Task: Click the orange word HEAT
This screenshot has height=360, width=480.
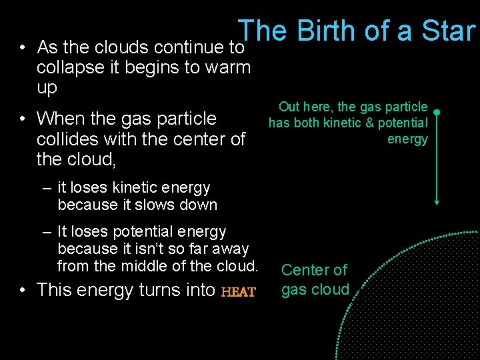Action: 238,291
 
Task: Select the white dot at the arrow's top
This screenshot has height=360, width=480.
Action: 436,111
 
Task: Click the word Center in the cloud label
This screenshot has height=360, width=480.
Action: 305,270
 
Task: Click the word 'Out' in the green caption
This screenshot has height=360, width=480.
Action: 289,107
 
